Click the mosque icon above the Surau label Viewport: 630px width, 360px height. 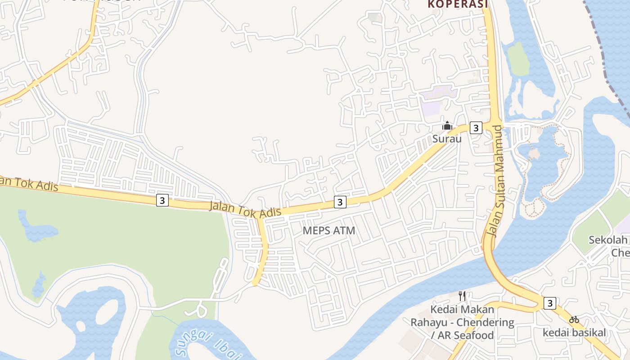pyautogui.click(x=447, y=126)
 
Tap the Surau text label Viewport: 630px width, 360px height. pyautogui.click(x=447, y=139)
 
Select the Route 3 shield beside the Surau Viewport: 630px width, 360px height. pyautogui.click(x=476, y=128)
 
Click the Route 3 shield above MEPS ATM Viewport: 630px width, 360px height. pyautogui.click(x=340, y=202)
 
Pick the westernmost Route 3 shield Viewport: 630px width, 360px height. pyautogui.click(x=162, y=200)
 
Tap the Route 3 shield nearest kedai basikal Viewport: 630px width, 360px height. pyautogui.click(x=549, y=303)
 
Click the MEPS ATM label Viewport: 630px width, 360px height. pyautogui.click(x=329, y=231)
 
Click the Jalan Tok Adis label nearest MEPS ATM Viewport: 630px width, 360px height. pyautogui.click(x=245, y=210)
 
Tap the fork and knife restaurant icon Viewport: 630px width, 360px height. pyautogui.click(x=462, y=296)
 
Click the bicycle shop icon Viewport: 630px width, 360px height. pyautogui.click(x=574, y=320)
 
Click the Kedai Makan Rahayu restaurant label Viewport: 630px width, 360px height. pyautogui.click(x=462, y=322)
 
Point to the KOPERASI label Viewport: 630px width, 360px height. pyautogui.click(x=458, y=4)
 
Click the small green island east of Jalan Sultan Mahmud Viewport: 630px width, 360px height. pyautogui.click(x=519, y=58)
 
